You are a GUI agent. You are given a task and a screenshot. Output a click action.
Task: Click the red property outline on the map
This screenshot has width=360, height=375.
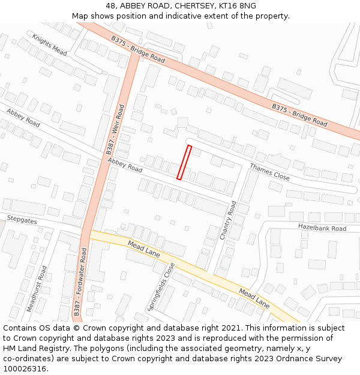tap(184, 162)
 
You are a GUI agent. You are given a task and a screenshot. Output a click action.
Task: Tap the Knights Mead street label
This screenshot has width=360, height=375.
tap(50, 44)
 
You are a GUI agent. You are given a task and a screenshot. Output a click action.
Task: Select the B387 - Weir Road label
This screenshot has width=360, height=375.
tap(116, 128)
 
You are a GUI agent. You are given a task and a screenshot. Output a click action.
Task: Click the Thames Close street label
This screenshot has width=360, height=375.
tap(269, 172)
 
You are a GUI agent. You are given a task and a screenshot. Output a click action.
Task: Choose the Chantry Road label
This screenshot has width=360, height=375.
tap(228, 220)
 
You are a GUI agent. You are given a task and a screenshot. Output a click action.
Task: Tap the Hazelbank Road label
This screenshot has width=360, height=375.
tap(322, 228)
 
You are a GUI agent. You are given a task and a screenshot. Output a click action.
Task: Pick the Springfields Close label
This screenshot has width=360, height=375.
tap(161, 287)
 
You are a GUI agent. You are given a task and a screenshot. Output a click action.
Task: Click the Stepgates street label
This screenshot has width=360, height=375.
tap(22, 220)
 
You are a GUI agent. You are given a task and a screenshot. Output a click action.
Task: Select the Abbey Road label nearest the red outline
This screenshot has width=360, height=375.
tap(125, 165)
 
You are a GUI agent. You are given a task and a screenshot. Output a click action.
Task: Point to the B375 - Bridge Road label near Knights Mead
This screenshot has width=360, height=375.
tap(138, 49)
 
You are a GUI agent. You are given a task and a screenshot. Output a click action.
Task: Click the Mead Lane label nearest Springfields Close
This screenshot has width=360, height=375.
tap(144, 249)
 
